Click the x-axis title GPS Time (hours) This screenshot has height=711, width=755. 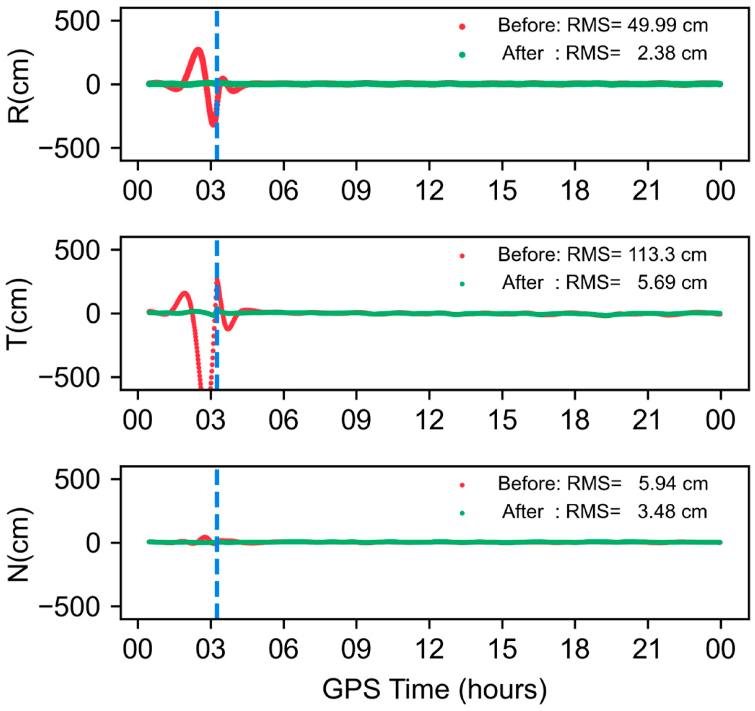pyautogui.click(x=435, y=689)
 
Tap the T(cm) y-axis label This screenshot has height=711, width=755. pyautogui.click(x=19, y=313)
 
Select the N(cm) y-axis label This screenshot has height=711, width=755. pyautogui.click(x=19, y=543)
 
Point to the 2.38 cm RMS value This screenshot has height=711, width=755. pyautogui.click(x=672, y=53)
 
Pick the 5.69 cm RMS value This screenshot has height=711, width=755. pyautogui.click(x=672, y=283)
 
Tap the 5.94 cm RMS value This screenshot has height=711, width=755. pyautogui.click(x=673, y=484)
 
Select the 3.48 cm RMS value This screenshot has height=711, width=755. pyautogui.click(x=672, y=512)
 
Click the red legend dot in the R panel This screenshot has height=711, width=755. pyautogui.click(x=462, y=27)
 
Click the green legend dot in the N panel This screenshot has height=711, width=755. pyautogui.click(x=462, y=513)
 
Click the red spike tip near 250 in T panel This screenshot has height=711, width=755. pyautogui.click(x=217, y=281)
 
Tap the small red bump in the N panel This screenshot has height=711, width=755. pyautogui.click(x=205, y=537)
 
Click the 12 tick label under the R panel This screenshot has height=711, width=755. pyautogui.click(x=429, y=190)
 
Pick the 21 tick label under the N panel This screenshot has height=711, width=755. pyautogui.click(x=647, y=648)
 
